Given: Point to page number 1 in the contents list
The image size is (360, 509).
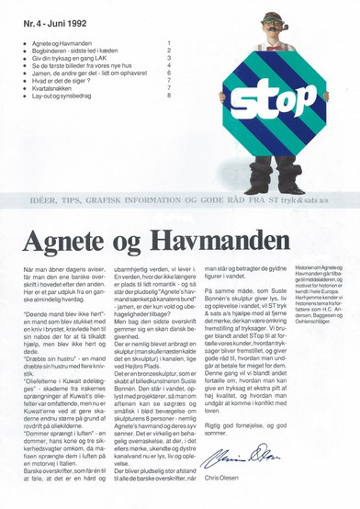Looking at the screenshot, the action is [x=169, y=43].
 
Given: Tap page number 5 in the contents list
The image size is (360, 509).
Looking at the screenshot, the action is [x=169, y=73].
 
